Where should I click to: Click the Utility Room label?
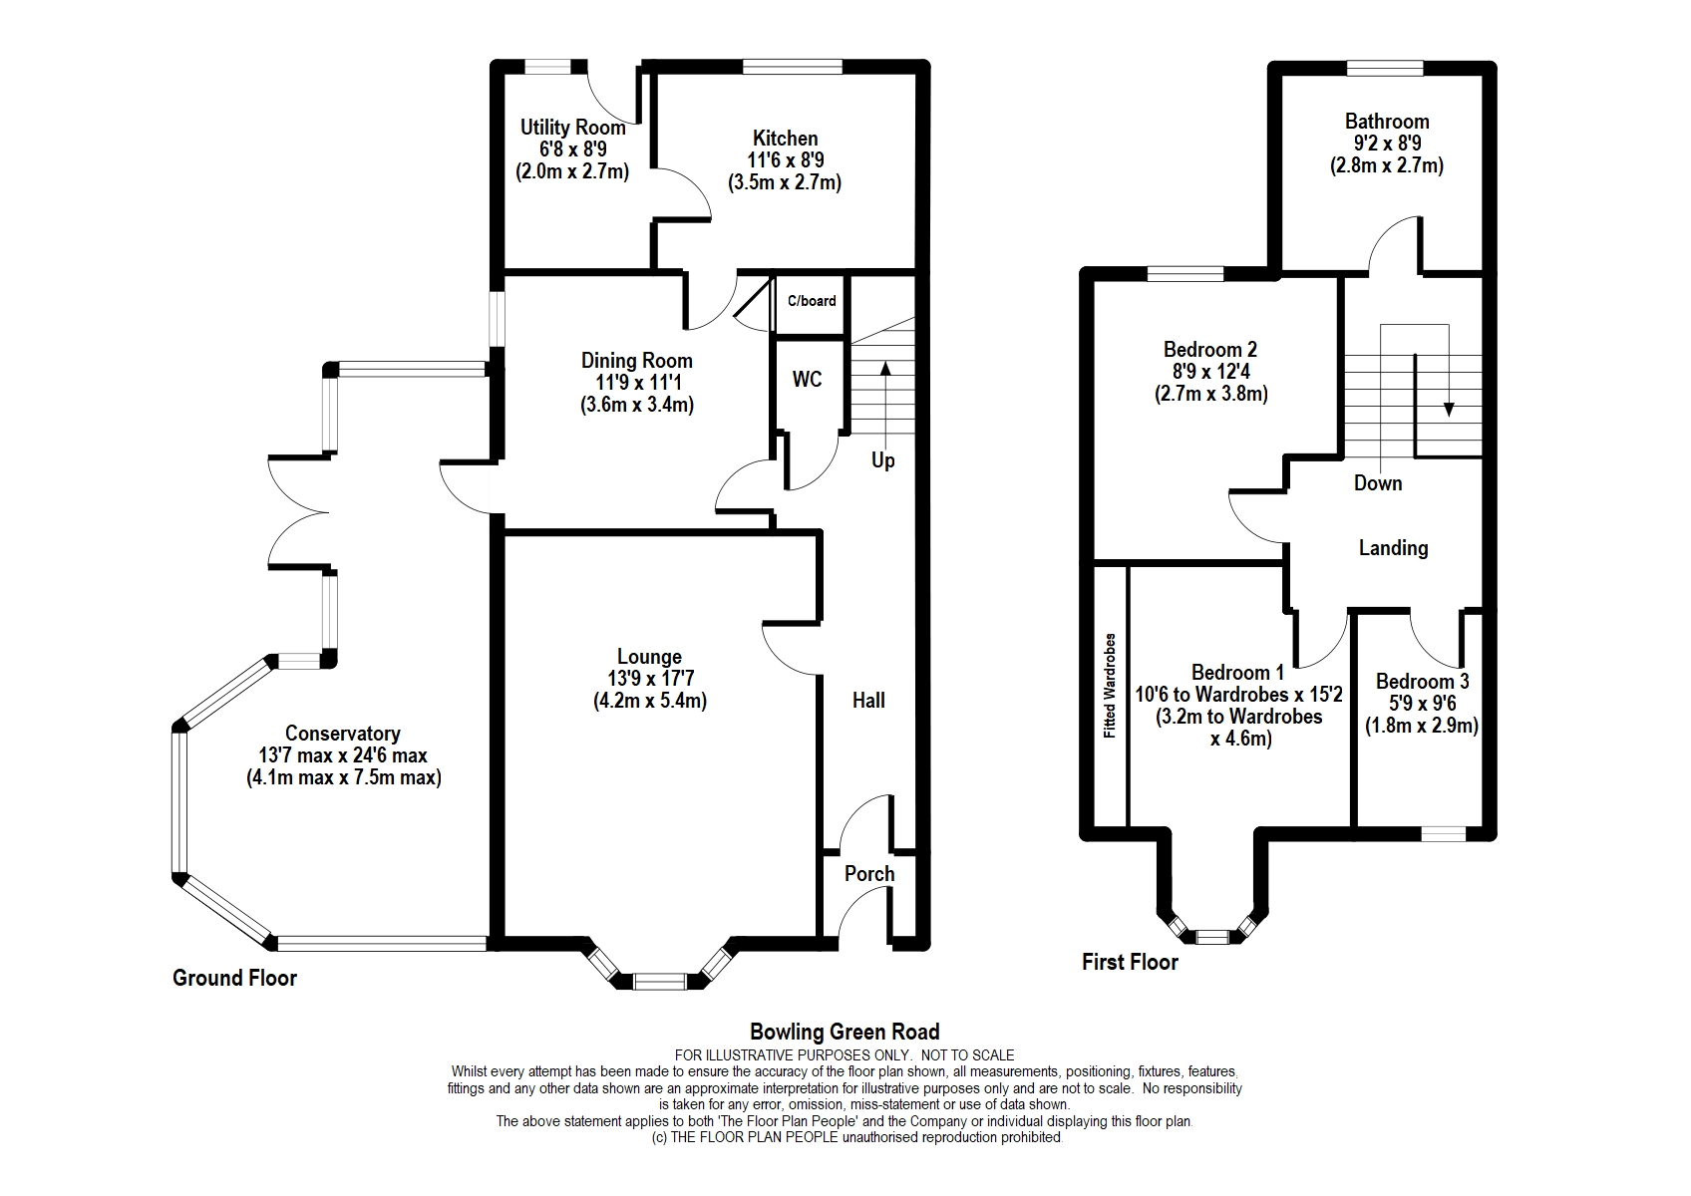[573, 127]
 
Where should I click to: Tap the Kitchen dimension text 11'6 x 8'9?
[785, 160]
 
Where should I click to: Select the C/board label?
[812, 301]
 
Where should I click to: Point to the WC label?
[807, 379]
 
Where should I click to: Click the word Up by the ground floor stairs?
[883, 460]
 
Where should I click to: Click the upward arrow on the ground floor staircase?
[884, 408]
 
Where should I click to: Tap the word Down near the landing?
[1378, 483]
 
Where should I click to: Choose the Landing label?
[1394, 548]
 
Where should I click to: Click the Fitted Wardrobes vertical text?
[1109, 685]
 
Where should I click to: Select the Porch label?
[869, 874]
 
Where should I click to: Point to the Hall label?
[868, 701]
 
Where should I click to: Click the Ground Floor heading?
[234, 978]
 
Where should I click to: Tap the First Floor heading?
[1130, 962]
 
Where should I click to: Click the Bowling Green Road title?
[845, 1032]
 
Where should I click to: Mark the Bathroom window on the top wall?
[1385, 69]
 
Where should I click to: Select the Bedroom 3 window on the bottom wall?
[1444, 834]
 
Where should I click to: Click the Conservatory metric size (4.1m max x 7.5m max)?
[344, 777]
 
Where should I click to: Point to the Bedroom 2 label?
[1210, 350]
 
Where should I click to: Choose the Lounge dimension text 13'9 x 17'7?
[649, 679]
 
